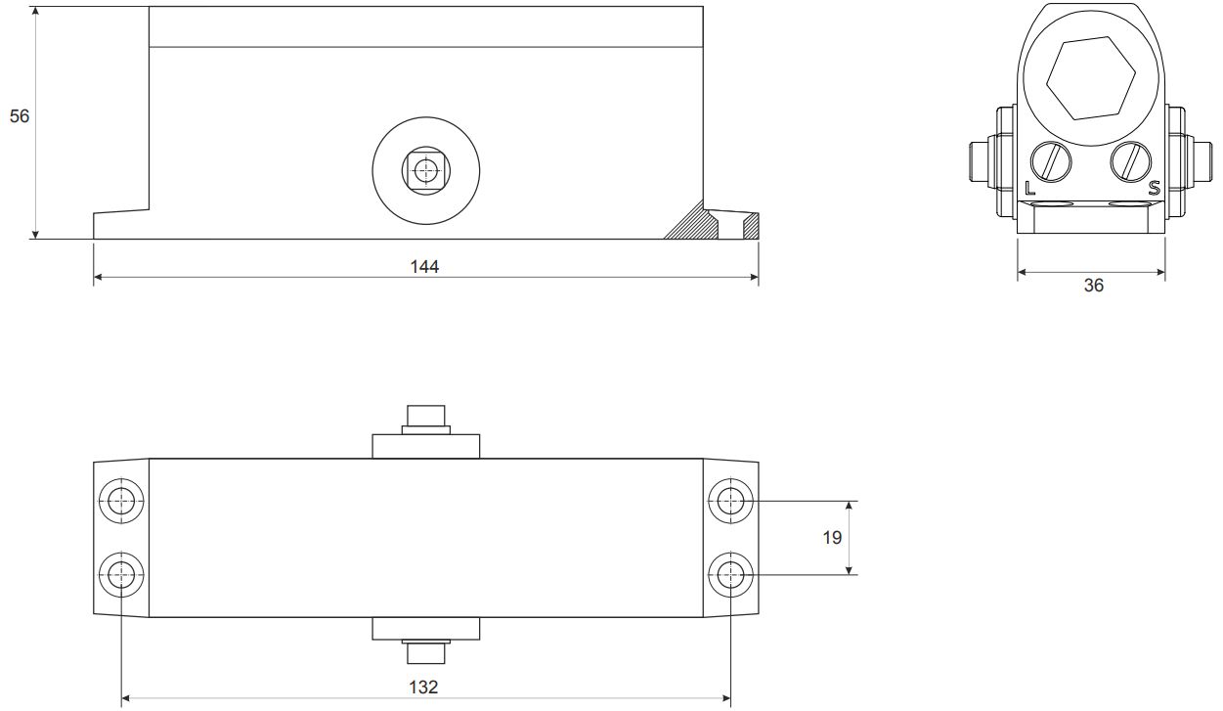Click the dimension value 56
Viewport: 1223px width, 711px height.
(x=20, y=116)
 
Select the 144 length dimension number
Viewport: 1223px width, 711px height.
(x=424, y=266)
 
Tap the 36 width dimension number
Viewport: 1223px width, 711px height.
(x=1094, y=285)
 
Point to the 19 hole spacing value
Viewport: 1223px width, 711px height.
(x=832, y=538)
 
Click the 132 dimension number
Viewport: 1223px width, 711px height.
(x=423, y=687)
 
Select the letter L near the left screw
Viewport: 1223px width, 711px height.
(x=1029, y=189)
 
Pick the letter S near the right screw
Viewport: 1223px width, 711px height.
(x=1154, y=189)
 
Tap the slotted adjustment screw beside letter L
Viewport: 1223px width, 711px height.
(x=1051, y=161)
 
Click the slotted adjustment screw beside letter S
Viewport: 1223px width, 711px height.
(x=1131, y=161)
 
